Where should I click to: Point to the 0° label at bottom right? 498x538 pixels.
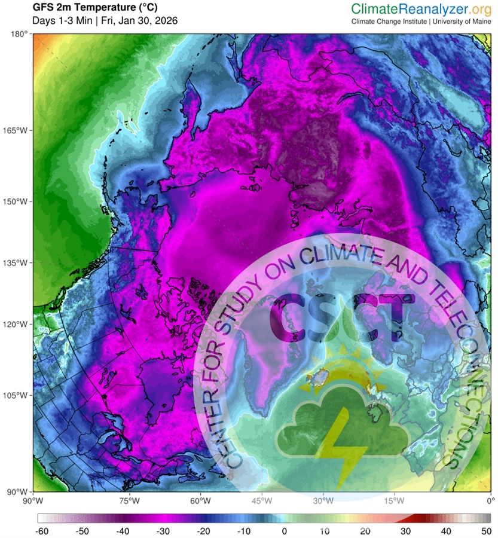[490, 500]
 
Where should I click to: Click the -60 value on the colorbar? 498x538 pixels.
[42, 530]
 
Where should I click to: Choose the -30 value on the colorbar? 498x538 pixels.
[162, 530]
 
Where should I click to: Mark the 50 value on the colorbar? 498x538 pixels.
[487, 530]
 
